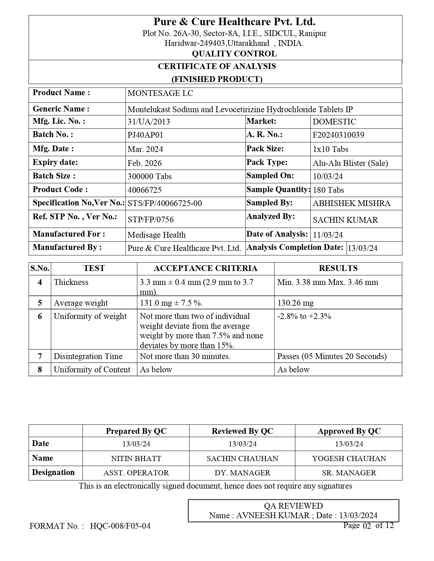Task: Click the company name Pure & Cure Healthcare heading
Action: [x=234, y=22]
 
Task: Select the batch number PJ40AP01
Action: [x=145, y=135]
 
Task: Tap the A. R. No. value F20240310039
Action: [x=338, y=135]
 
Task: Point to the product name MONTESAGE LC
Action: [x=160, y=93]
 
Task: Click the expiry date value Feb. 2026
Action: [x=145, y=163]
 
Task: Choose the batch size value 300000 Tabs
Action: [x=149, y=176]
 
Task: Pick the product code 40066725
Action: [x=145, y=190]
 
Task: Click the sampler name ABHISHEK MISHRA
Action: [x=351, y=204]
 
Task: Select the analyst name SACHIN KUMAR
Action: [x=345, y=220]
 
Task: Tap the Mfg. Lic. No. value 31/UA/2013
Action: [x=149, y=122]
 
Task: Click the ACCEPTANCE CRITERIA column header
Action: [x=206, y=268]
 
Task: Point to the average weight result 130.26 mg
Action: [x=295, y=303]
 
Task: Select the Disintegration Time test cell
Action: [x=88, y=356]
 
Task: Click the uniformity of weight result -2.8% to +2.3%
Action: [x=304, y=317]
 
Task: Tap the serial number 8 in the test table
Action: [x=40, y=370]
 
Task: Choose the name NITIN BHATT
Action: [x=136, y=459]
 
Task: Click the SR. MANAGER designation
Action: [x=349, y=473]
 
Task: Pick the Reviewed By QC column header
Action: [x=242, y=431]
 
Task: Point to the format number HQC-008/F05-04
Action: [x=120, y=526]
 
